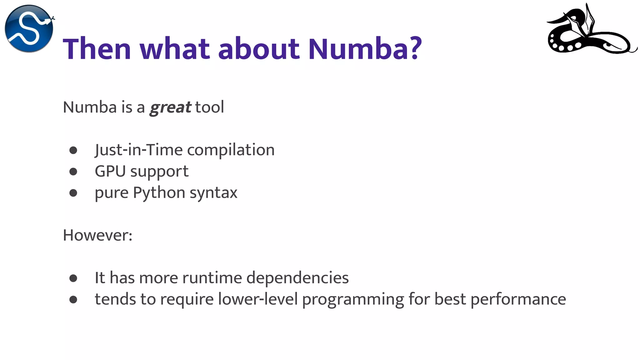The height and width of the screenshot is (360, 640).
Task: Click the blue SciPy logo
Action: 29,28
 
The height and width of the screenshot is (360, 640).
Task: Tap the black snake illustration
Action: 591,31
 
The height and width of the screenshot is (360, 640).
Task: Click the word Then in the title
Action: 97,49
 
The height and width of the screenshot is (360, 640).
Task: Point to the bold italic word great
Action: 170,107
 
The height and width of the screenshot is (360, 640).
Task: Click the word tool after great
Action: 210,107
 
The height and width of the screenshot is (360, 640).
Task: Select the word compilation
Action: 231,150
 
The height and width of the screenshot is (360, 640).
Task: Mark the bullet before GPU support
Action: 73,172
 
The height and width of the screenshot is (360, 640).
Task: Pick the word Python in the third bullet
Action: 159,193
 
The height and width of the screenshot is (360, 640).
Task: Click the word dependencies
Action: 297,278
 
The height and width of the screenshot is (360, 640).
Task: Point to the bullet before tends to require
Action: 73,300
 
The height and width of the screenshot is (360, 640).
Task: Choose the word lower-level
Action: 258,299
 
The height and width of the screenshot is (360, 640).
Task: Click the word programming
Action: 353,300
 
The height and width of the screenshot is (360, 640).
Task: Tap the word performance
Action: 518,300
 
